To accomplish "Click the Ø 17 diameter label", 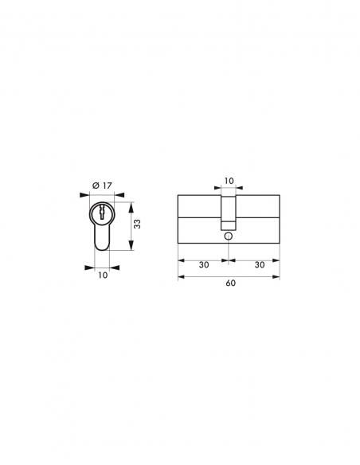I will (100, 186).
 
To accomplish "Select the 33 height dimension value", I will (136, 225).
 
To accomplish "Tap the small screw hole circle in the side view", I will (229, 236).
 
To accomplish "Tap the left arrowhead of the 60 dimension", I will (178, 275).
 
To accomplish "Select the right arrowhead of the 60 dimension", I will (280, 275).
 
